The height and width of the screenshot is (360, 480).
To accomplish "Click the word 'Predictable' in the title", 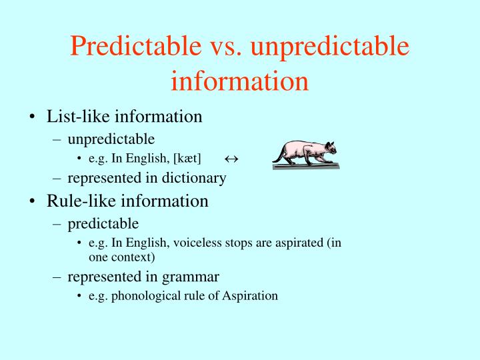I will click(127, 46).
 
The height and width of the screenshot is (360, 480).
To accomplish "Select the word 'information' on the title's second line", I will click(239, 80).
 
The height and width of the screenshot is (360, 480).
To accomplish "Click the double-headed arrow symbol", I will click(231, 159).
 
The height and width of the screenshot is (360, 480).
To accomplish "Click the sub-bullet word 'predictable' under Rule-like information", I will click(103, 223).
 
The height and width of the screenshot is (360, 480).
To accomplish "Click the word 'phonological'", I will click(142, 295).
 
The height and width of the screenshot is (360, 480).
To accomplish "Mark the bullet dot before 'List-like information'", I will click(33, 117).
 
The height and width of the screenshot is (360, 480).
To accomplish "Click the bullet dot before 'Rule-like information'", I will click(33, 201).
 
